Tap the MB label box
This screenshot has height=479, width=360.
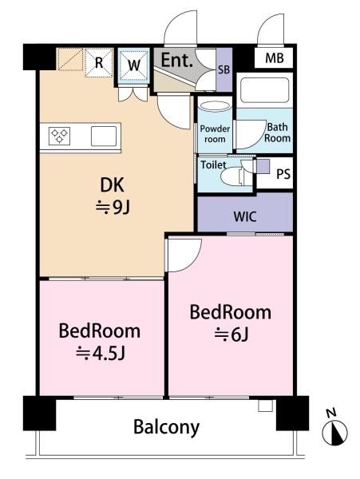tap(274, 59)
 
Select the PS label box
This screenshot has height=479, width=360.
tap(283, 174)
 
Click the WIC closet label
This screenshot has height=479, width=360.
tap(245, 216)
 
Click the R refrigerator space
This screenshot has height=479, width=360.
tap(99, 62)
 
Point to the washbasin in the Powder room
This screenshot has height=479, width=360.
tap(214, 107)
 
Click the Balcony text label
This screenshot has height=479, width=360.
tap(166, 426)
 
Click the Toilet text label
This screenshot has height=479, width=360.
tap(212, 166)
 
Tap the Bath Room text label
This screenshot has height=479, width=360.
tap(277, 132)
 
